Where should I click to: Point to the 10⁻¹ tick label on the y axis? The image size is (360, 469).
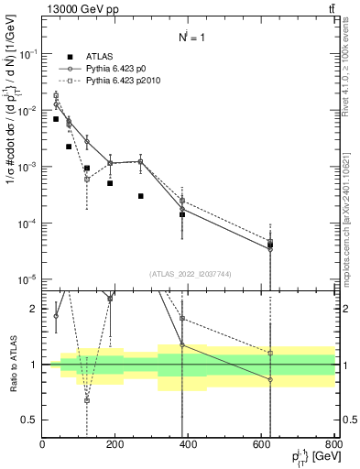(29, 54)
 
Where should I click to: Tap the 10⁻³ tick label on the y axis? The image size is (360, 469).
(29, 167)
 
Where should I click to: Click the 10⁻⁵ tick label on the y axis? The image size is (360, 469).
(29, 279)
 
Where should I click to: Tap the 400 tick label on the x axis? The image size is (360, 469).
(188, 444)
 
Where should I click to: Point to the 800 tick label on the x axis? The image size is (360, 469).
(333, 444)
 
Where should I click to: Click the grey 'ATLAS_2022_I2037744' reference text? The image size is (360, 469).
(190, 273)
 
